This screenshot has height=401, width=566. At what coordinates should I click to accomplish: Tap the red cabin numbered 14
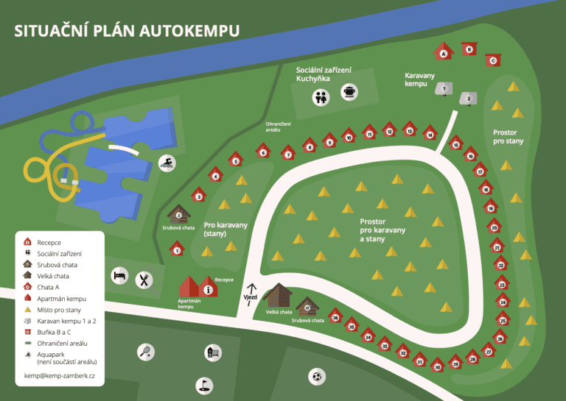tap(430, 134)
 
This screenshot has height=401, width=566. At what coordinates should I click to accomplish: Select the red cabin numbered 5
tap(236, 160)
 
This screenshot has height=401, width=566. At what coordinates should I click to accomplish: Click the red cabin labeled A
tap(443, 52)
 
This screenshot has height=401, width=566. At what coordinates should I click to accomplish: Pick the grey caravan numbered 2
tap(468, 99)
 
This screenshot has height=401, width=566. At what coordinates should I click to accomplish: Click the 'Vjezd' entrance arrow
tap(251, 291)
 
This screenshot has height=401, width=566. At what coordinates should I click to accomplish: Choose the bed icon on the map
tap(119, 276)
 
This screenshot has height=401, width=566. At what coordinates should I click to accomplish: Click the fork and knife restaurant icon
tap(144, 279)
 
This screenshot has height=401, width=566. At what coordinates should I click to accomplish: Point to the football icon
tap(317, 377)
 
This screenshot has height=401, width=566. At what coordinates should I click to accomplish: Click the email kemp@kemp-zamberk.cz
tap(60, 375)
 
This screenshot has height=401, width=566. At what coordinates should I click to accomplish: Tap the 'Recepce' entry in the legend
tap(49, 242)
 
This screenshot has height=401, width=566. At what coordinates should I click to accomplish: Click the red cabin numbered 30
tap(438, 366)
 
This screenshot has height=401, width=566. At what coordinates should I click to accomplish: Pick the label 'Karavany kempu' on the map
tap(420, 79)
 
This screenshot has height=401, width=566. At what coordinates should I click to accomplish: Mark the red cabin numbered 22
tap(502, 264)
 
